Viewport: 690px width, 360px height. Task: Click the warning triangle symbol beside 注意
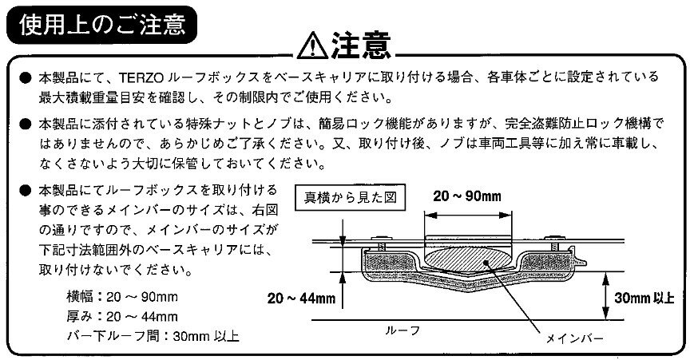tap(312, 45)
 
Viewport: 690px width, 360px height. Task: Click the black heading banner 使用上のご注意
tap(102, 25)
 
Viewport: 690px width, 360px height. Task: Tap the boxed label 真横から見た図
tap(351, 197)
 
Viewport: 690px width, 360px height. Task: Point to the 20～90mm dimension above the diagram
tap(467, 196)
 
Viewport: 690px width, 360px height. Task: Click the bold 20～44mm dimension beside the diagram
tap(301, 299)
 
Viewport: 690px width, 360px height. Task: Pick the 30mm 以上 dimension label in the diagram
tap(644, 298)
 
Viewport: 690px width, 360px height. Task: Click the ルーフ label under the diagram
tap(402, 330)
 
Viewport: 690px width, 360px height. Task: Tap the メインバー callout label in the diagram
tap(574, 338)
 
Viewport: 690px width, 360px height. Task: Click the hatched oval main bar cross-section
tap(467, 259)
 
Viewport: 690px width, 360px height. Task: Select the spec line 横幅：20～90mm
tap(122, 297)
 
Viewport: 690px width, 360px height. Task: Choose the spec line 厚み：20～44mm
tap(122, 316)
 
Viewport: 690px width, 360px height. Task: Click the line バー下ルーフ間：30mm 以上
tap(153, 337)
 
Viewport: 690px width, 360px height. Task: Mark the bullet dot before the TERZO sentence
tap(26, 78)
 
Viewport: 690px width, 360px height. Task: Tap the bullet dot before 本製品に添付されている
tap(26, 125)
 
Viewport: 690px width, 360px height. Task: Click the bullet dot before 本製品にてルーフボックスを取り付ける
tap(26, 191)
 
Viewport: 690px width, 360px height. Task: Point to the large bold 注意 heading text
tap(361, 45)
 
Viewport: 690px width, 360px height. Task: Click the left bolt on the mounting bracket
tap(380, 243)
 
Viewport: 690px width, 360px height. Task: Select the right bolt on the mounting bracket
tap(553, 243)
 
